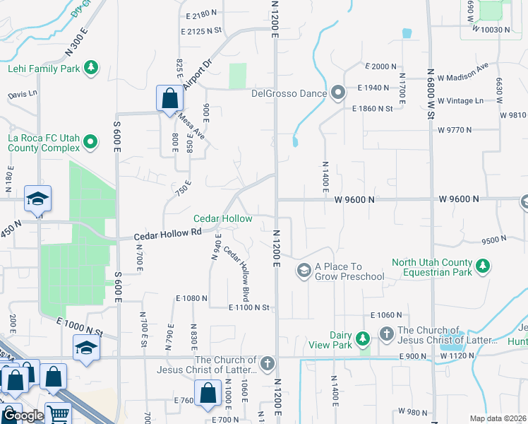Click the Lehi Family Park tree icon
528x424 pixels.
[90, 68]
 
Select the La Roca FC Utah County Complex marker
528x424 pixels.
[90, 143]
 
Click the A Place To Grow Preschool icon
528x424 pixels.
[304, 270]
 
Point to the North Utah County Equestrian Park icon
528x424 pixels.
[483, 266]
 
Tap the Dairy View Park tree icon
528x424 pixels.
[364, 339]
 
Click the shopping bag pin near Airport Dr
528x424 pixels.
[169, 98]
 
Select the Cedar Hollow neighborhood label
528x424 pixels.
[223, 219]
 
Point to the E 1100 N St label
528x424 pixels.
[249, 307]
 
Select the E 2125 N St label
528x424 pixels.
[201, 31]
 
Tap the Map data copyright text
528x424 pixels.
[498, 418]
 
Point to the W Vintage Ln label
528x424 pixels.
[460, 101]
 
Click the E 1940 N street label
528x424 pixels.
[374, 88]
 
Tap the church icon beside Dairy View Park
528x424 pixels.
[386, 333]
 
